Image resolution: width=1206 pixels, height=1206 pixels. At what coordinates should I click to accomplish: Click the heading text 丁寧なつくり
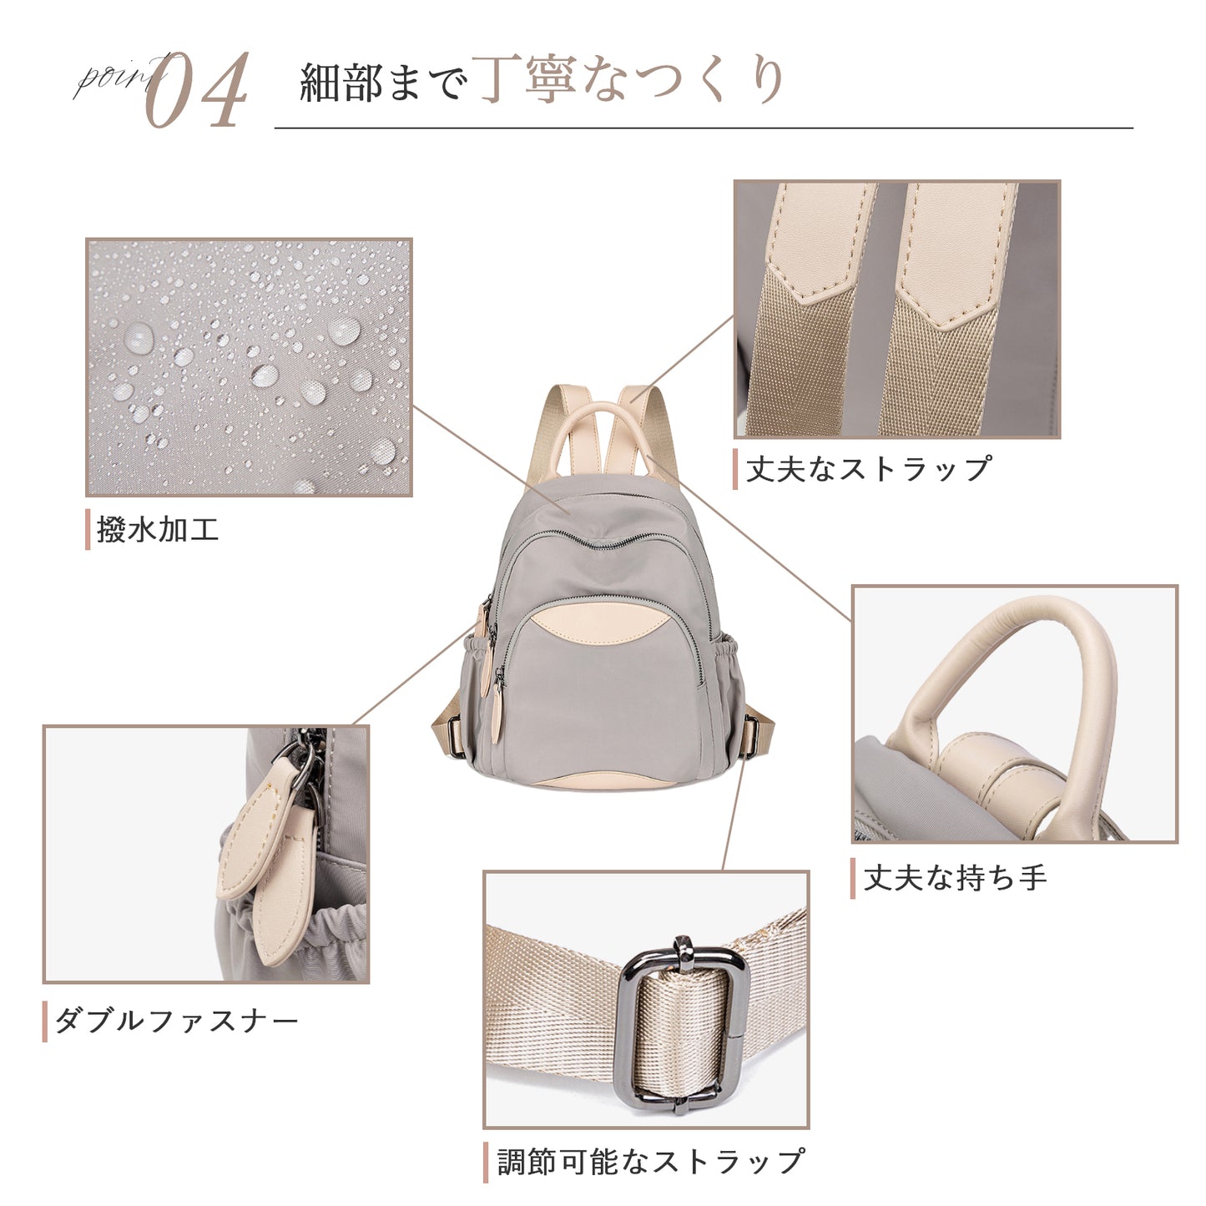click(x=629, y=79)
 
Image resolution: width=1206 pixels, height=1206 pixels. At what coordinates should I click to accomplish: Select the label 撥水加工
click(x=158, y=530)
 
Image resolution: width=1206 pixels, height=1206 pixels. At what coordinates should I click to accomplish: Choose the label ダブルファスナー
click(x=177, y=1021)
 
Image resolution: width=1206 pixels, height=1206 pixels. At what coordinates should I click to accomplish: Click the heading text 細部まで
click(x=384, y=82)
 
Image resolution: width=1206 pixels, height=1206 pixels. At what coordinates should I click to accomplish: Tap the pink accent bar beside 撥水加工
click(x=88, y=529)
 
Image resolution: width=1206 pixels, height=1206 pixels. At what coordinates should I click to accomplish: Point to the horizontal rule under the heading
click(x=704, y=129)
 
